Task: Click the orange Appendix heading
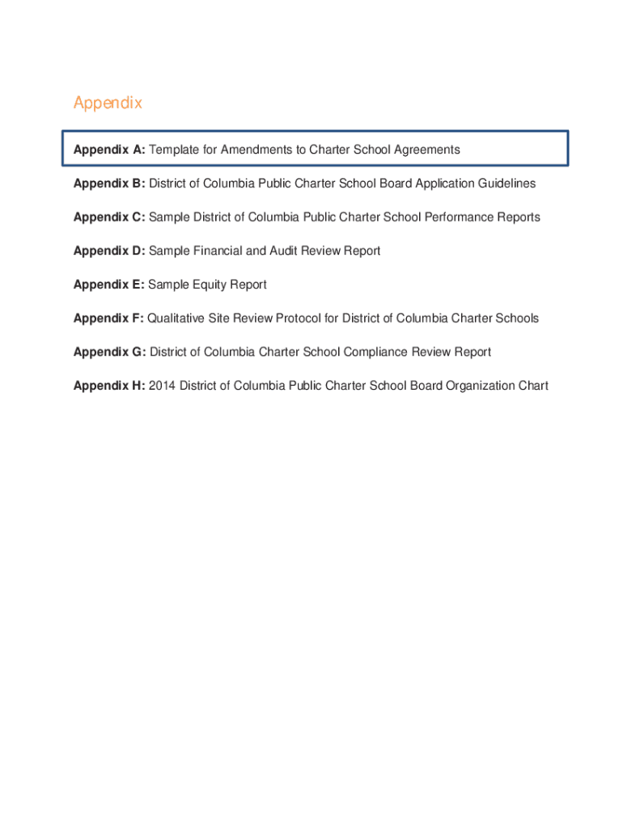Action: (x=108, y=103)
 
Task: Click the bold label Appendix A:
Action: (x=109, y=150)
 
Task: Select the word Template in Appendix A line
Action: (x=174, y=150)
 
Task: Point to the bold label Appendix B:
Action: (x=109, y=184)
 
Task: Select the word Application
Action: (x=443, y=184)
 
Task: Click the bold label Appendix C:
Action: (x=109, y=218)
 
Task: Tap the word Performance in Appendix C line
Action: (x=454, y=218)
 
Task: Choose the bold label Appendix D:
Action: (x=109, y=251)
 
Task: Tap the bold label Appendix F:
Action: (x=108, y=319)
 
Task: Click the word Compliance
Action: (x=376, y=353)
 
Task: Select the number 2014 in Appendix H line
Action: (x=163, y=387)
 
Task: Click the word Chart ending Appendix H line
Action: (x=533, y=387)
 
